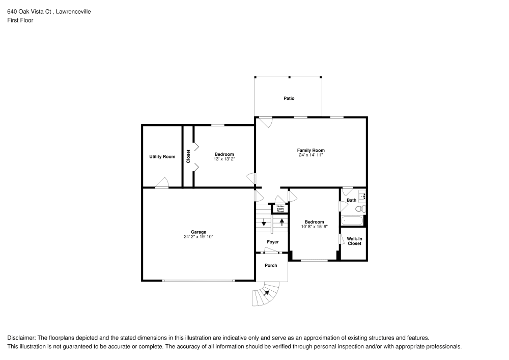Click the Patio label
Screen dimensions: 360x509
point(289,98)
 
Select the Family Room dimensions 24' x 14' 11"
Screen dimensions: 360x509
point(310,155)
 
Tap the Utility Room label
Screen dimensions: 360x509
point(162,157)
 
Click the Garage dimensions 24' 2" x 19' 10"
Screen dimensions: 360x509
point(199,237)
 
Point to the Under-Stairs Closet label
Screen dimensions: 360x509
point(280,208)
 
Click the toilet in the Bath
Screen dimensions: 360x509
point(360,209)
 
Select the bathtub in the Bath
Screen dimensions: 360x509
point(351,221)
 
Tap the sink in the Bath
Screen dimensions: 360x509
point(362,196)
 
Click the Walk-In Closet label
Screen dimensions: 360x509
point(354,241)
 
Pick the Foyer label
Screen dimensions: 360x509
point(273,242)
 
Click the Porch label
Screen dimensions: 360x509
point(271,265)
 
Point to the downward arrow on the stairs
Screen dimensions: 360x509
point(264,223)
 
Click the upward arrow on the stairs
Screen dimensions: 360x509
point(282,222)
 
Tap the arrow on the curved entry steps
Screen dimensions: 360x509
point(267,293)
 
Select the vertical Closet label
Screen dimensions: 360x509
point(188,156)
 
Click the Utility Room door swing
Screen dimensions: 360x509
point(163,183)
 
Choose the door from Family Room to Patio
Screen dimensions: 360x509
point(266,122)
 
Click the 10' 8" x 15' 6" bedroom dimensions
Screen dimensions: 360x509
point(314,227)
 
